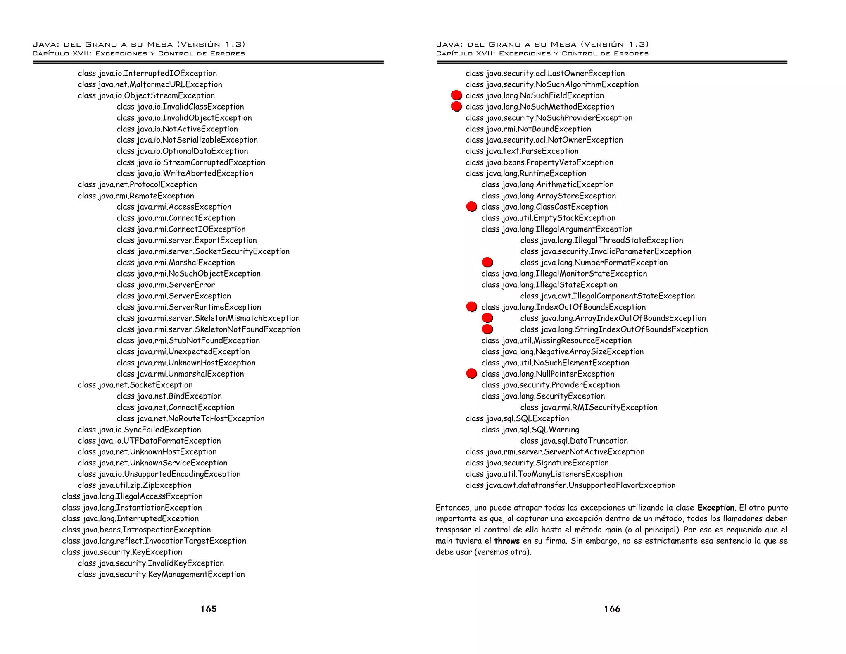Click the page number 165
[209, 609]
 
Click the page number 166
[612, 609]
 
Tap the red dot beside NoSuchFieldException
[456, 95]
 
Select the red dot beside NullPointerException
[471, 374]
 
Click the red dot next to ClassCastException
[471, 207]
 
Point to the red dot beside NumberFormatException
[487, 262]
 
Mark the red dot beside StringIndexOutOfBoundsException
[487, 329]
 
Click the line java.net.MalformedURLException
[150, 84]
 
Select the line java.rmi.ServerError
[166, 285]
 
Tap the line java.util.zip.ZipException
[135, 485]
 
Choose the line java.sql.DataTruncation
[574, 441]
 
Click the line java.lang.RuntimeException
[526, 173]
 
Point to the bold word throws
[507, 541]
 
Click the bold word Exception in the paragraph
[715, 508]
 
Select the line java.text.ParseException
[522, 151]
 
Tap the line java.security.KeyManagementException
[161, 574]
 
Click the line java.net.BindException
[169, 396]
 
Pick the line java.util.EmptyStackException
[548, 218]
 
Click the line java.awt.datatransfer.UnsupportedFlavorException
[570, 485]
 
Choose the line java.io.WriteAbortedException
[185, 173]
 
